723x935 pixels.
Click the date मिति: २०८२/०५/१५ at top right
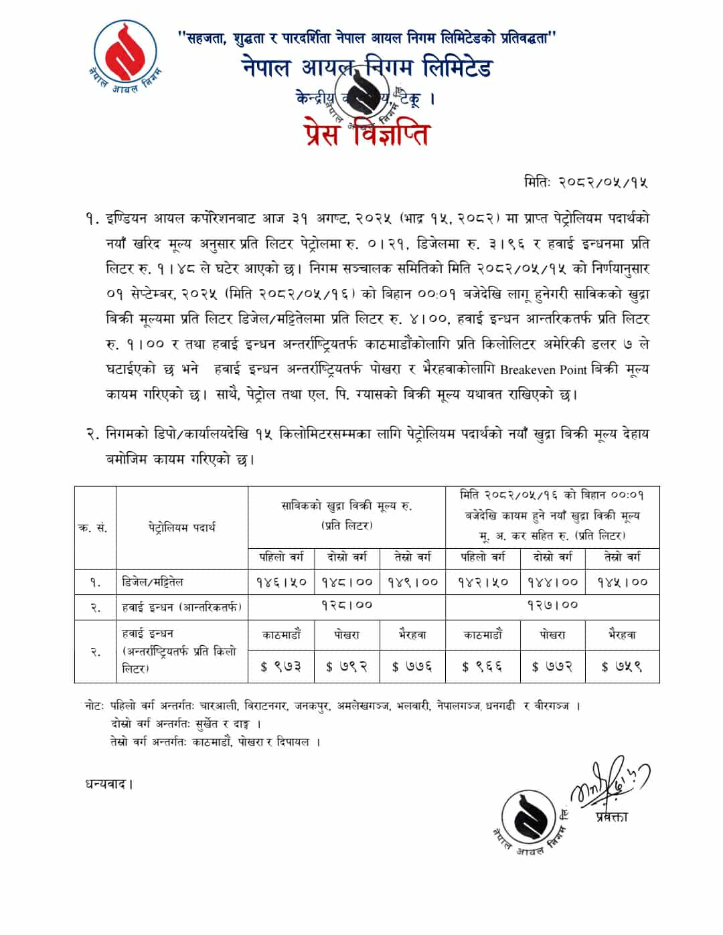click(x=585, y=182)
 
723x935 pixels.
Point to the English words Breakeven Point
click(x=543, y=369)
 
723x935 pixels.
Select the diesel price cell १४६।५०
click(x=281, y=582)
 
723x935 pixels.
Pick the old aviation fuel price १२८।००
click(x=346, y=605)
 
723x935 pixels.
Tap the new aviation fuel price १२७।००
click(x=552, y=605)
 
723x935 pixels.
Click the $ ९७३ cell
click(x=280, y=667)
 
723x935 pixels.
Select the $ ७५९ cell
click(x=622, y=667)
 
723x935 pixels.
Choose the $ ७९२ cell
click(x=346, y=667)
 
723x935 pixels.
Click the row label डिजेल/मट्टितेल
click(x=153, y=582)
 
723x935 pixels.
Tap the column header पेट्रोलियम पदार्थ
click(x=181, y=527)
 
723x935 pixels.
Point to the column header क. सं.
click(x=94, y=527)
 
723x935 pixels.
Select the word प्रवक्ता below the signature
click(x=610, y=817)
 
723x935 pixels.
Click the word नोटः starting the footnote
click(x=94, y=706)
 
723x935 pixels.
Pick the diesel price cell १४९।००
click(x=413, y=582)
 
